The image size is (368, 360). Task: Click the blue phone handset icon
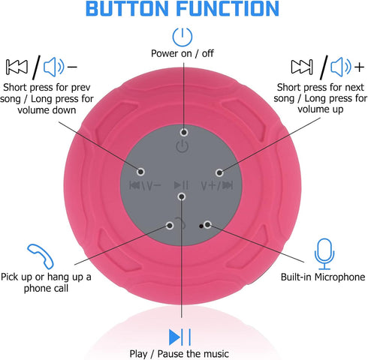click(41, 256)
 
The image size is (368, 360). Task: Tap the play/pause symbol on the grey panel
click(181, 185)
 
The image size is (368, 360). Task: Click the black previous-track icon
click(17, 67)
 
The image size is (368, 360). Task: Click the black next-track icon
click(302, 67)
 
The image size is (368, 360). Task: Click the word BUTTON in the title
click(127, 8)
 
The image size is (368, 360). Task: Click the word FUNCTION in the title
click(228, 8)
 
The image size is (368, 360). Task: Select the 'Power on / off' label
click(182, 53)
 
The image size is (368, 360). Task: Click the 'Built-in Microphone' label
click(323, 277)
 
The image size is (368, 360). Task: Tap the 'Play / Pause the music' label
click(179, 354)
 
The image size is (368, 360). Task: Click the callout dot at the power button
click(184, 132)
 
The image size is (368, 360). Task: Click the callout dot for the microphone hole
click(207, 225)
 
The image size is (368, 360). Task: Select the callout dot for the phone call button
click(170, 226)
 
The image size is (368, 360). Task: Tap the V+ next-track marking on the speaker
click(217, 185)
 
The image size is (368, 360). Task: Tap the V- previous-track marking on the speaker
click(145, 185)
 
